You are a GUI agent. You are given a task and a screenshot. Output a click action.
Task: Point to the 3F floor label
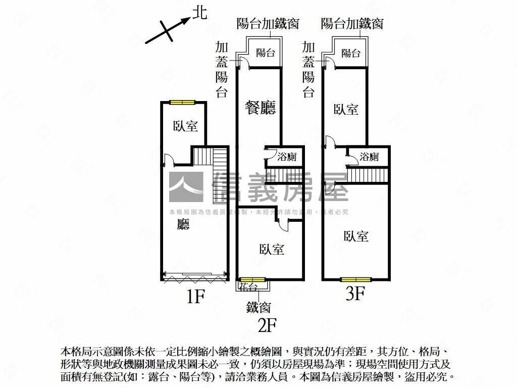click(x=355, y=293)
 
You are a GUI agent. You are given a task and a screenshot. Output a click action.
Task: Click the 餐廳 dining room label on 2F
click(x=261, y=108)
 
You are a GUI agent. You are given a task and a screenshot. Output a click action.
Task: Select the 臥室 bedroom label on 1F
click(x=185, y=126)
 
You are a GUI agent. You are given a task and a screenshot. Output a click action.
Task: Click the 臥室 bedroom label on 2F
click(x=272, y=249)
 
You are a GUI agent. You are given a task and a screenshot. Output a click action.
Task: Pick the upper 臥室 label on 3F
click(x=346, y=109)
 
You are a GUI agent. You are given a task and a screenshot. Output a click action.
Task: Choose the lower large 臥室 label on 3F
click(x=356, y=236)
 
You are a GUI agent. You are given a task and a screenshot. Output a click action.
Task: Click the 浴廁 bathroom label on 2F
click(x=287, y=157)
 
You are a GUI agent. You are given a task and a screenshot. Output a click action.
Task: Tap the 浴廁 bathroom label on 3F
click(x=369, y=157)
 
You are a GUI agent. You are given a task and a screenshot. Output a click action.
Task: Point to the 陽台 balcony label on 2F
click(x=266, y=53)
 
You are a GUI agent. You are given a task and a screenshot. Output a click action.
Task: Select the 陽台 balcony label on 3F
click(x=350, y=53)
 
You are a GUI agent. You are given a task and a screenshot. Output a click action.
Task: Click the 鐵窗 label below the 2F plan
click(x=258, y=307)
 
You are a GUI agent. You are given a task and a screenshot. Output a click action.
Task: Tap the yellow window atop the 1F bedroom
click(x=182, y=103)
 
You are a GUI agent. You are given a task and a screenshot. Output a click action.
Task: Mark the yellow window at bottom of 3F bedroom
click(x=356, y=279)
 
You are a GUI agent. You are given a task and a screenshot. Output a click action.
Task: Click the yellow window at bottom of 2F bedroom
click(x=252, y=279)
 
